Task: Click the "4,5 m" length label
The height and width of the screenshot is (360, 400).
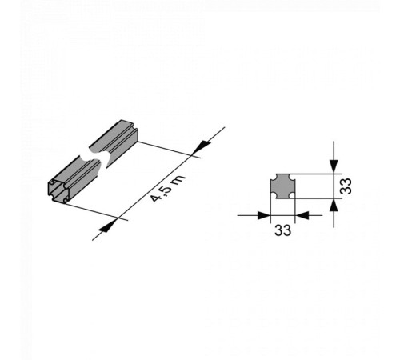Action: point(167,189)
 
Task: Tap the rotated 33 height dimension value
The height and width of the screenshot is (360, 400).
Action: point(346,186)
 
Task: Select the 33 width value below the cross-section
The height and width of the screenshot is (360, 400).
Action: point(283,230)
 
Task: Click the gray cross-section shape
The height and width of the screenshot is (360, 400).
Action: point(283,186)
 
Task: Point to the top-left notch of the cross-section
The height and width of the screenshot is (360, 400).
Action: point(273,176)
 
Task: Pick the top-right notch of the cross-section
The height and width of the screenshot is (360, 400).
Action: point(293,176)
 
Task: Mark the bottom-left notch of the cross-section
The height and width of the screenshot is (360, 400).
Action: point(273,196)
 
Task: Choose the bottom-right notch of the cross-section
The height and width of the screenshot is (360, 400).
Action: point(293,196)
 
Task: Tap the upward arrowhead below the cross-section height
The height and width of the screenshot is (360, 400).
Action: point(334,206)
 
